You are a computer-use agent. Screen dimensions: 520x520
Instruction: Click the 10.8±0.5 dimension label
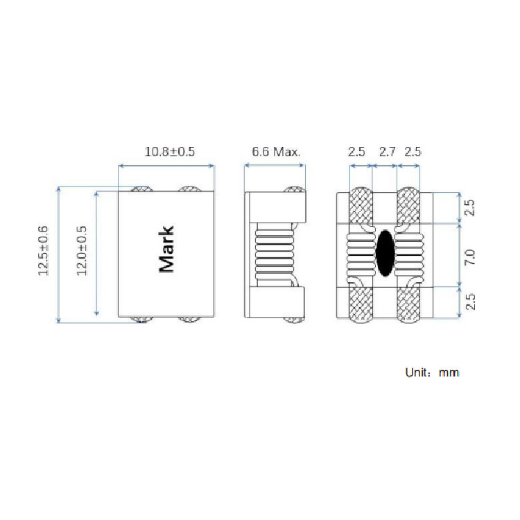pos(169,152)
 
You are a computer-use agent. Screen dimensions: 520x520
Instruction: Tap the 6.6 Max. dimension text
pos(276,152)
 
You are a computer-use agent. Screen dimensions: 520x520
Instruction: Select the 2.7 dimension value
pos(387,152)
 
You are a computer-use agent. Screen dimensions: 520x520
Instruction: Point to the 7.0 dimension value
pos(470,257)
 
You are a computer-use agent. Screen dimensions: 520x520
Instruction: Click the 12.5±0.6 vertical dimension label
pos(44,250)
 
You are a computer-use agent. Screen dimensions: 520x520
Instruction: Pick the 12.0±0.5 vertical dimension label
pos(82,250)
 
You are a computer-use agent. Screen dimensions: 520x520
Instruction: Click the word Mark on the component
pos(166,249)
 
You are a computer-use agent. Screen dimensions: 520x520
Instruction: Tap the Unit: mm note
pos(432,372)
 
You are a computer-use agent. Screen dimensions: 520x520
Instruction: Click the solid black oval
pos(385,253)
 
